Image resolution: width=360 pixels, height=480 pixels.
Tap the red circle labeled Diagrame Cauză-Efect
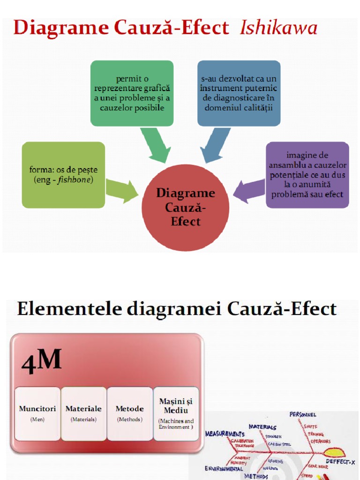tap(186, 208)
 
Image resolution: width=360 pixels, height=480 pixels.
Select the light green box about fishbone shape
tap(63, 175)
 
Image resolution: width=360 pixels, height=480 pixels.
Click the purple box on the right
tap(307, 175)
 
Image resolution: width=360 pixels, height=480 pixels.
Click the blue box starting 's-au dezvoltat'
tap(239, 93)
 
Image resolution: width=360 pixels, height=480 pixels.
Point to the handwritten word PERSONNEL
tap(303, 415)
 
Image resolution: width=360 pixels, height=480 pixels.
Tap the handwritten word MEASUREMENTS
tap(225, 434)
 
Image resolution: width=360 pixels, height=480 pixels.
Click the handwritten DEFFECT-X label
tap(340, 462)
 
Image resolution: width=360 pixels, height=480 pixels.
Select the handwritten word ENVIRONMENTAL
tap(224, 468)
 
